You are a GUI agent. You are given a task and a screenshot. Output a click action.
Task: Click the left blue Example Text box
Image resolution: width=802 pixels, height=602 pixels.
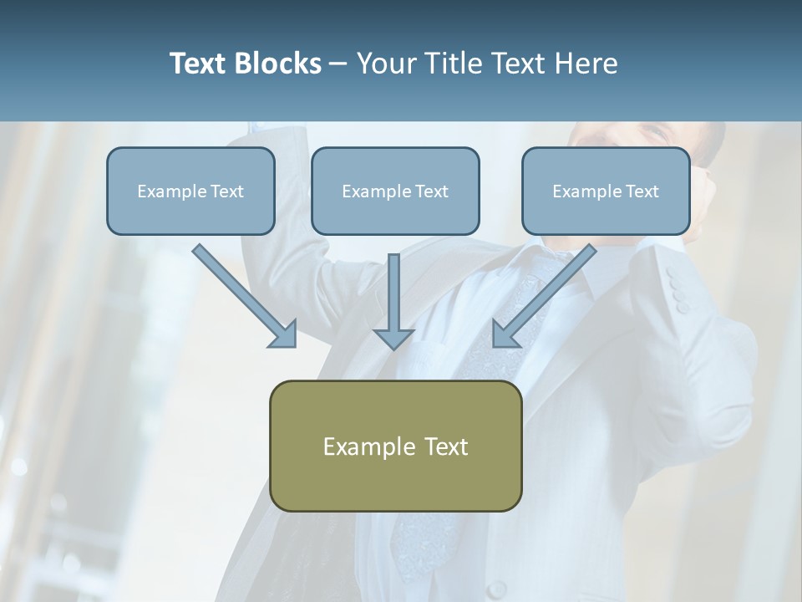[190, 191]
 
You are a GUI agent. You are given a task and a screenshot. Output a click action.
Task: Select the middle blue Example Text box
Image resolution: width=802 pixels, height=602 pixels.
[395, 191]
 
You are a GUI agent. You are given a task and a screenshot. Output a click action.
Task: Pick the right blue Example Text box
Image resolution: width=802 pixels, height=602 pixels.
[606, 191]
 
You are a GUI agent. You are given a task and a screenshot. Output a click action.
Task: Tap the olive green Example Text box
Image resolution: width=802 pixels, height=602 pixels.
[395, 446]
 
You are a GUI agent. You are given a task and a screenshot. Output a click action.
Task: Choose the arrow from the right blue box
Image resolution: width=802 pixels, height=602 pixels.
[547, 293]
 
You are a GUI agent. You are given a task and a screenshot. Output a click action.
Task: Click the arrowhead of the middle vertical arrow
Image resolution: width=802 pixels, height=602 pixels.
[393, 338]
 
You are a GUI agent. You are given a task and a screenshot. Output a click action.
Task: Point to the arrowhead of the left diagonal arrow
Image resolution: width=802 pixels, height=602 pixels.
[285, 334]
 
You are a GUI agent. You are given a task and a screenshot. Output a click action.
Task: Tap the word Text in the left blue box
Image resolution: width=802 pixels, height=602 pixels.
[227, 191]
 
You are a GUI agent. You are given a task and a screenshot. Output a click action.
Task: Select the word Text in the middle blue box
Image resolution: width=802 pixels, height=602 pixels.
[432, 191]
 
